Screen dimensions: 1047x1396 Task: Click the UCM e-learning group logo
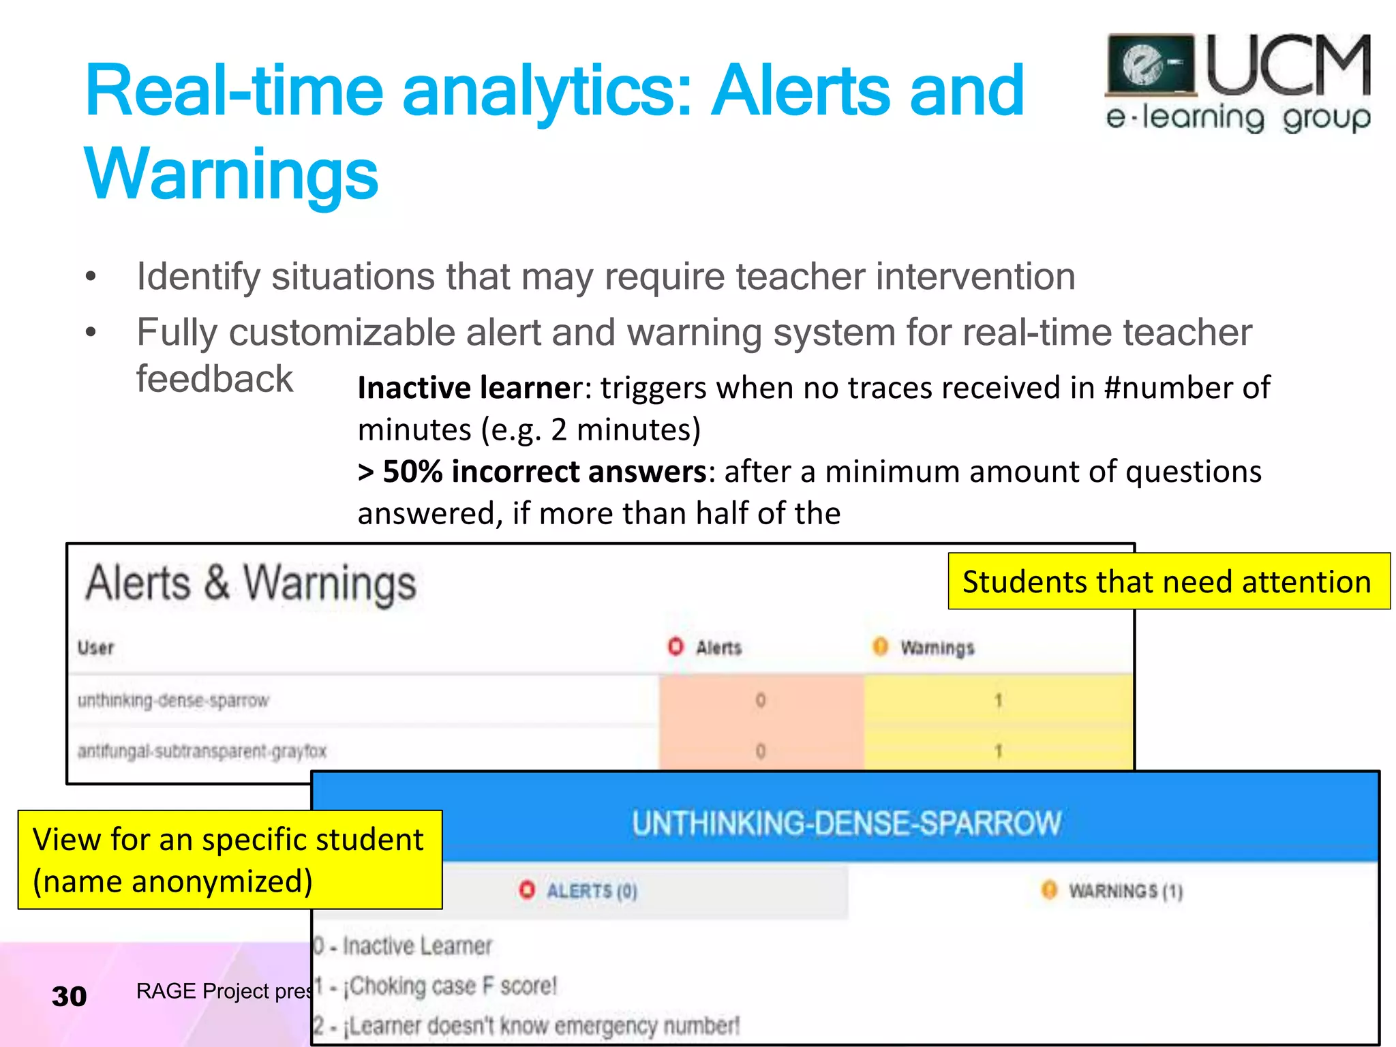[x=1237, y=83]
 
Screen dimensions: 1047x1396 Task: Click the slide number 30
[x=69, y=997]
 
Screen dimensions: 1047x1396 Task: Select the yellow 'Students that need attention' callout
[x=1168, y=581]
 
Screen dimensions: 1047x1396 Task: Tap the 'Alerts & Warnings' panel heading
[x=251, y=583]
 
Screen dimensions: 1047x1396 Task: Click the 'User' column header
[x=95, y=647]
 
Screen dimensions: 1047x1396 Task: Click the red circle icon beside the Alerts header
[x=675, y=646]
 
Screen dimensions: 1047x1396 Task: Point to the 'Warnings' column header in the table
[x=937, y=648]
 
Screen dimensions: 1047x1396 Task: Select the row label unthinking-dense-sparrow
[x=173, y=700]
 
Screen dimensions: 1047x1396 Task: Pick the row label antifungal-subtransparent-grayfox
[x=202, y=751]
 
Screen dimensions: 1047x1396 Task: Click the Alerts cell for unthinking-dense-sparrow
[x=761, y=700]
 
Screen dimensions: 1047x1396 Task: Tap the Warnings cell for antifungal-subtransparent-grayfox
[x=998, y=751]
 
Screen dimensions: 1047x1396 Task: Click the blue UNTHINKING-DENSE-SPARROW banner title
[x=846, y=823]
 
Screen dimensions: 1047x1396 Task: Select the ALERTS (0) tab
[x=591, y=891]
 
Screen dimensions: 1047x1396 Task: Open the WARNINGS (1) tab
[x=1125, y=891]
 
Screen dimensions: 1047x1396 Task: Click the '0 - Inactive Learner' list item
[x=404, y=946]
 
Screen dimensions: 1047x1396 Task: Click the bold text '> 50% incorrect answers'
[x=532, y=472]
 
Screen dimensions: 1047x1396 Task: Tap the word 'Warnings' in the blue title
[x=231, y=174]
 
